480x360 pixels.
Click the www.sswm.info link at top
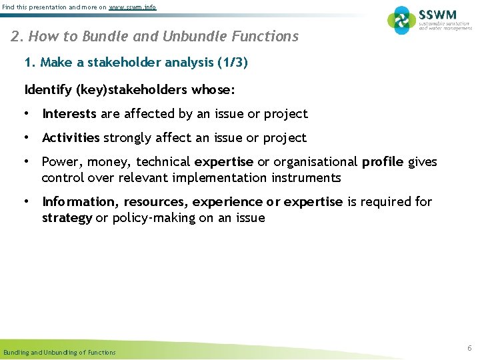[133, 7]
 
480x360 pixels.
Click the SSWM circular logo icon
[401, 20]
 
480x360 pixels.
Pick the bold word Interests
[69, 114]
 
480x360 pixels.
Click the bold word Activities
[71, 138]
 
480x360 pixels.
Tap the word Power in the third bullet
[59, 162]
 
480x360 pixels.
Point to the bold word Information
[79, 202]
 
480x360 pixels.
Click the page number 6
[469, 349]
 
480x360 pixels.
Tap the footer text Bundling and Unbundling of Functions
[59, 352]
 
